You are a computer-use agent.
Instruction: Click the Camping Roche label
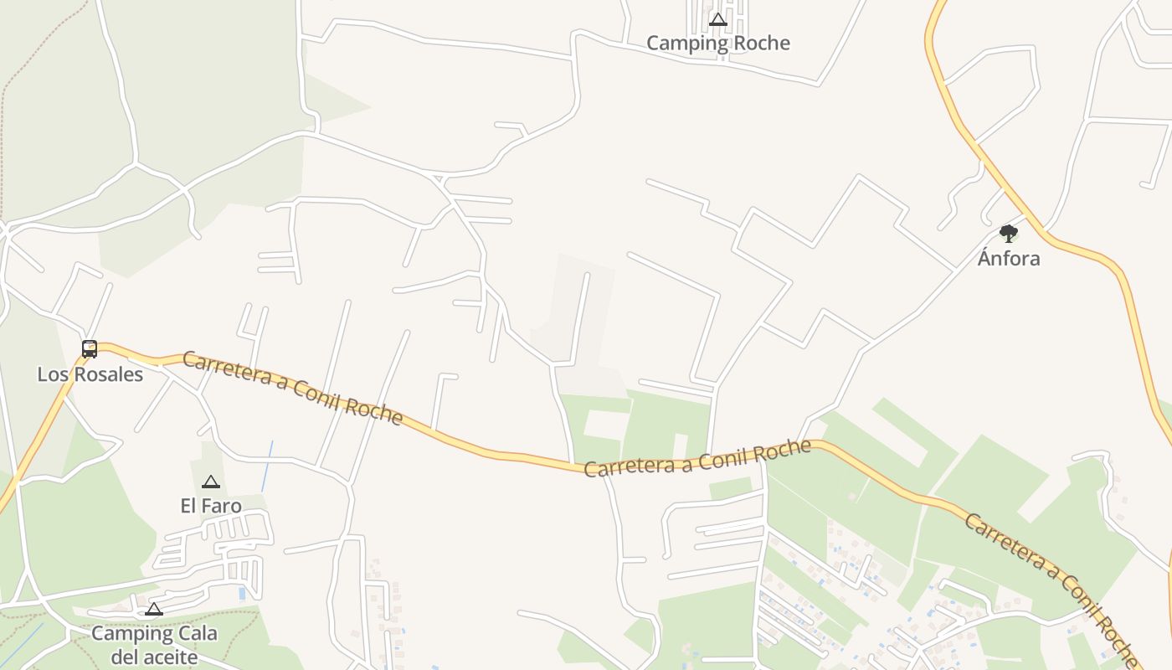point(717,43)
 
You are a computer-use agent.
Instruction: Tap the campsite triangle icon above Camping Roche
point(717,19)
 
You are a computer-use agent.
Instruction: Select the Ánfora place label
point(1009,258)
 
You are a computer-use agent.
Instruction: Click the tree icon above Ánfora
point(1009,233)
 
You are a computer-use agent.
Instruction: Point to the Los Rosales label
point(90,374)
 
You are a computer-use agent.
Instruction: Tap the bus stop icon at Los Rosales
point(90,348)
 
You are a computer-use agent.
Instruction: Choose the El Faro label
point(211,506)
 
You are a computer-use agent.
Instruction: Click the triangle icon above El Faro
point(211,482)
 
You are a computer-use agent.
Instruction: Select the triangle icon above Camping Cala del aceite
point(154,609)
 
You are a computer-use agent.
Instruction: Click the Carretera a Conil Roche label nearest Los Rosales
point(292,388)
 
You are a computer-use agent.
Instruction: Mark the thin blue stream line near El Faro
point(267,466)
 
